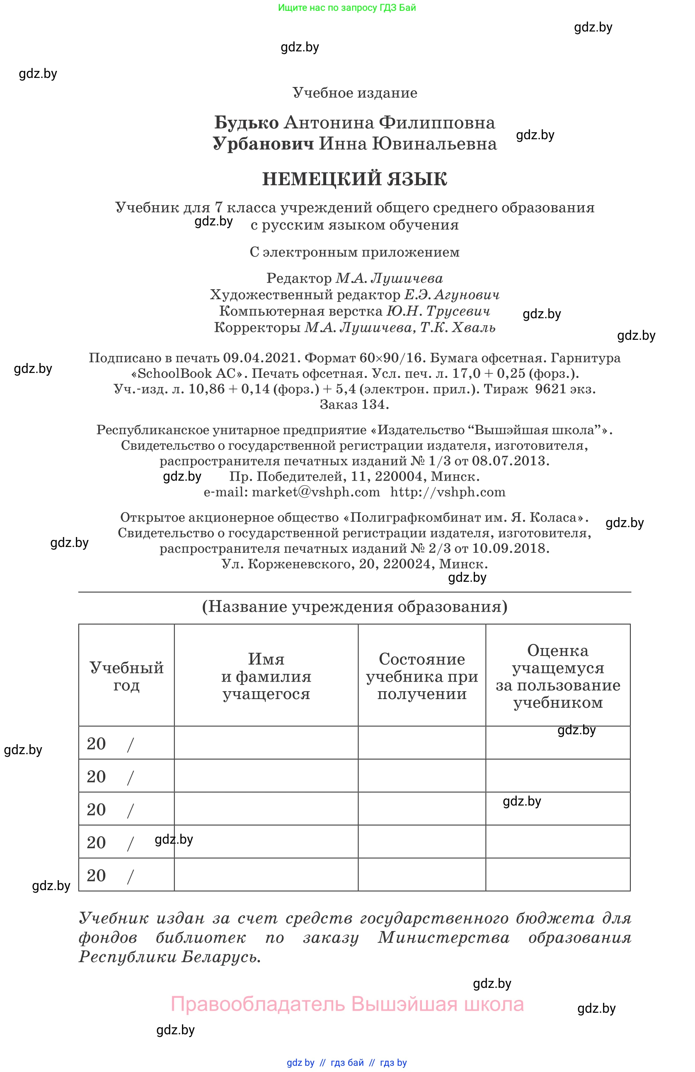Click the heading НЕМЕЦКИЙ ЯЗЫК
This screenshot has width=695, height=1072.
[x=354, y=179]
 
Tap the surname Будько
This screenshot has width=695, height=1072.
[x=247, y=123]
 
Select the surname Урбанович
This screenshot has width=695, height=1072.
[x=263, y=144]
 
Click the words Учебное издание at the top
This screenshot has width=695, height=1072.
[x=354, y=93]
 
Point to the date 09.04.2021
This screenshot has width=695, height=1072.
[x=261, y=358]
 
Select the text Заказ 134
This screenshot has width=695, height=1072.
[x=354, y=404]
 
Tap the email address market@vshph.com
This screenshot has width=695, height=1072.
[x=315, y=492]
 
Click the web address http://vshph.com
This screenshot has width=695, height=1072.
[x=448, y=492]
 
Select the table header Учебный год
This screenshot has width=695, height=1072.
[x=126, y=676]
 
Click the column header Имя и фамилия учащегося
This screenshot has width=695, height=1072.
[x=266, y=676]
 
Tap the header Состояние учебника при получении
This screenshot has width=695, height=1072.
[x=421, y=676]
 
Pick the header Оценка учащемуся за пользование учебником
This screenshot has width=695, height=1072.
[x=558, y=676]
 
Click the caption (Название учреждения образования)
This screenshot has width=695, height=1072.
[x=354, y=607]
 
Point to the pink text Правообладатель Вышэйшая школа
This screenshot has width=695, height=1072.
[x=347, y=1004]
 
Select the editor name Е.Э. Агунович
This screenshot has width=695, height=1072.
[x=451, y=295]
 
